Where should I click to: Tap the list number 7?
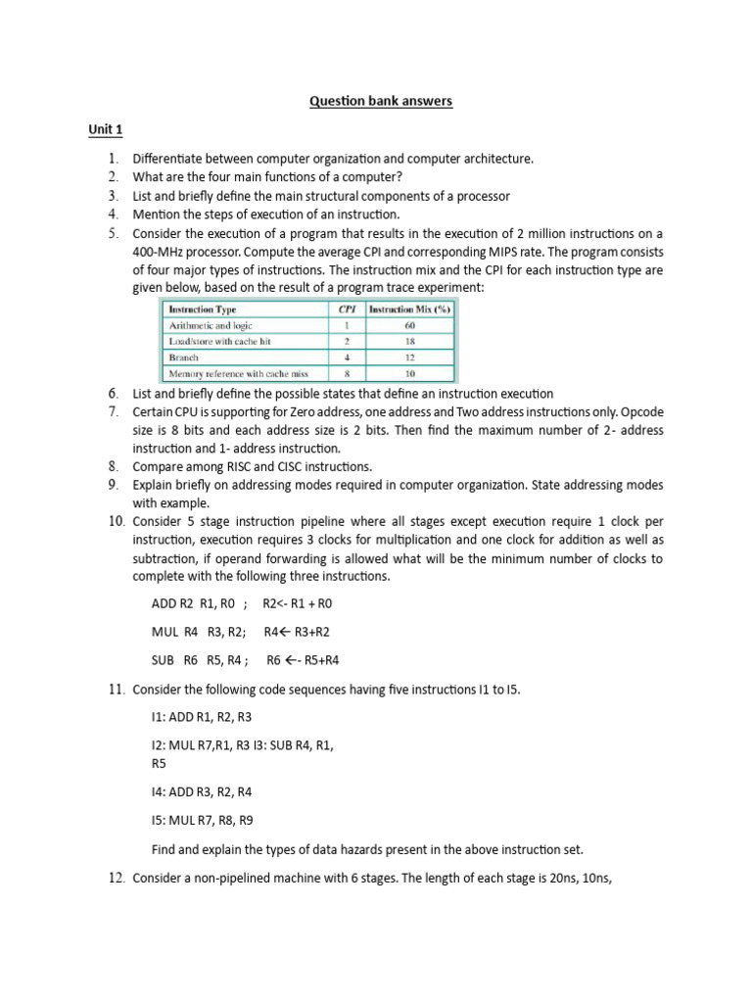[x=114, y=411]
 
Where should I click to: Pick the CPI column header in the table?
[x=344, y=310]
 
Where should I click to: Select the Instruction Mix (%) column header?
[x=409, y=310]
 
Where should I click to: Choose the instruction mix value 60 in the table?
[x=409, y=325]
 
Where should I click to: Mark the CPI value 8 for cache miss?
[x=345, y=373]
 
